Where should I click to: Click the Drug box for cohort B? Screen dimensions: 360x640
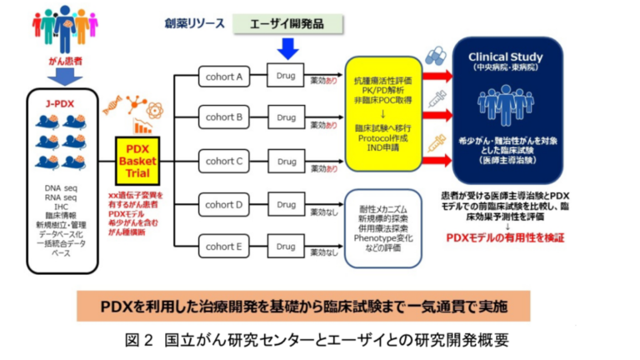[x=285, y=118]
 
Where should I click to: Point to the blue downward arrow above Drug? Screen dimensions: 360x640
[x=285, y=49]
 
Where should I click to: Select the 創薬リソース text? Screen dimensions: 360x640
[x=193, y=23]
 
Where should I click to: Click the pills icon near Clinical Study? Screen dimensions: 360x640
[x=433, y=57]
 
